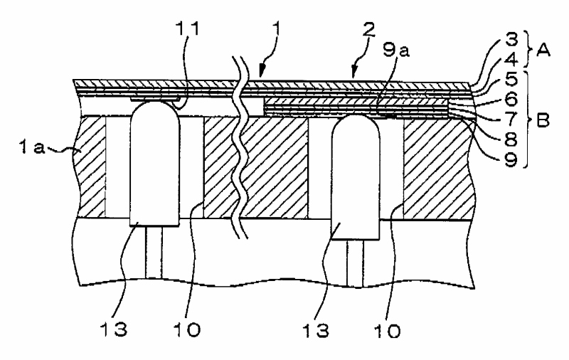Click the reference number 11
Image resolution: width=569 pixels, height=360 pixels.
point(188,29)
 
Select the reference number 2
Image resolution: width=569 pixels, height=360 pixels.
point(368,29)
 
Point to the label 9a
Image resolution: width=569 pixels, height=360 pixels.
point(396,50)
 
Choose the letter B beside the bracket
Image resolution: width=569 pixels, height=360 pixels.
point(543,120)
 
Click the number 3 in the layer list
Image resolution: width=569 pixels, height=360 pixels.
point(511,39)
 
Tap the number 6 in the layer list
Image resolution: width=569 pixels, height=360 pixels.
point(511,98)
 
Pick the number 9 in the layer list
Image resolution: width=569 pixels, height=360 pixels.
point(511,159)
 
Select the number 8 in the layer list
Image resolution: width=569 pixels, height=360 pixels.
point(511,139)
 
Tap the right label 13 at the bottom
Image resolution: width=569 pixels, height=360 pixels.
point(317,330)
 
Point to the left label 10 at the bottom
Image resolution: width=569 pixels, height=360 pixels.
point(186,329)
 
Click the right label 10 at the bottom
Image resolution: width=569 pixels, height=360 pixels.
point(388,330)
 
